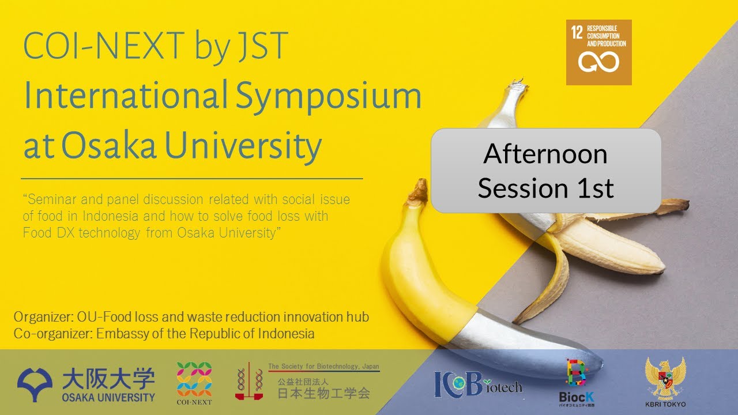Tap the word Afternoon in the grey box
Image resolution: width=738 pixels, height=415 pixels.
[545, 154]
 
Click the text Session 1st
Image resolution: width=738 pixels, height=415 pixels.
[545, 188]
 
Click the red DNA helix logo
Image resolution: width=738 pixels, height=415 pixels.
[248, 380]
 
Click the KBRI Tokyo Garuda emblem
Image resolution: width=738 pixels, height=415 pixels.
[665, 378]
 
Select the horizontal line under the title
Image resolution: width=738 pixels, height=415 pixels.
[191, 179]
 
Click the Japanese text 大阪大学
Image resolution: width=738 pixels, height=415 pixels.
[108, 379]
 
